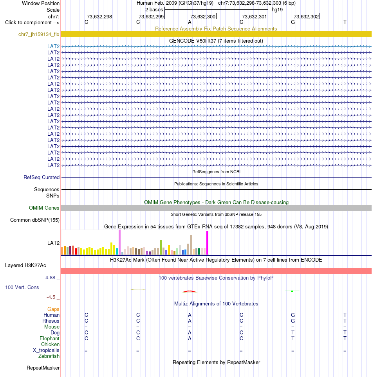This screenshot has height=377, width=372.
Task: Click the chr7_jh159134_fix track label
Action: (39, 34)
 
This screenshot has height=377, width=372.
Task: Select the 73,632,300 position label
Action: (203, 16)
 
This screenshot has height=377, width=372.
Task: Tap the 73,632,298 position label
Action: (99, 16)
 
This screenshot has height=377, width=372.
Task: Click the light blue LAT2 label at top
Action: (53, 46)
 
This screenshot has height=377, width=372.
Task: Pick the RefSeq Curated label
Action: (42, 177)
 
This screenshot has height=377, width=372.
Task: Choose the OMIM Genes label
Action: (44, 208)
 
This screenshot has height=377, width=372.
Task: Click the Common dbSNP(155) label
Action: (35, 220)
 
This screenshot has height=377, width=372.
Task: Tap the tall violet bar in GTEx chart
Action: (120, 242)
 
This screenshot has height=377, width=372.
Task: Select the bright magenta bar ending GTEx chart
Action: (207, 243)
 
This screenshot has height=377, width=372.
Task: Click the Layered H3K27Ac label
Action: (25, 265)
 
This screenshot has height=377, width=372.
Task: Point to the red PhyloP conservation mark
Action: (190, 291)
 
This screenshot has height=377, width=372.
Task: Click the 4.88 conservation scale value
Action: (51, 277)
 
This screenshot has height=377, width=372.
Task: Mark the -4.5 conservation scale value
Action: (51, 297)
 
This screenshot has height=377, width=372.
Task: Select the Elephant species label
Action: (49, 338)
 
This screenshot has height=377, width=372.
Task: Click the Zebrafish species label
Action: (49, 356)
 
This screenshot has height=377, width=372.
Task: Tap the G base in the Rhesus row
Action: (293, 321)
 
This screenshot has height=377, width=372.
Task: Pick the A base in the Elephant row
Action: (190, 339)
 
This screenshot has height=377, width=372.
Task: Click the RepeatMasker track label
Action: (43, 368)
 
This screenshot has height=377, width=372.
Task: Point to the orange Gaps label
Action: (53, 309)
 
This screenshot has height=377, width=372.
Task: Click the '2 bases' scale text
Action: (154, 10)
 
